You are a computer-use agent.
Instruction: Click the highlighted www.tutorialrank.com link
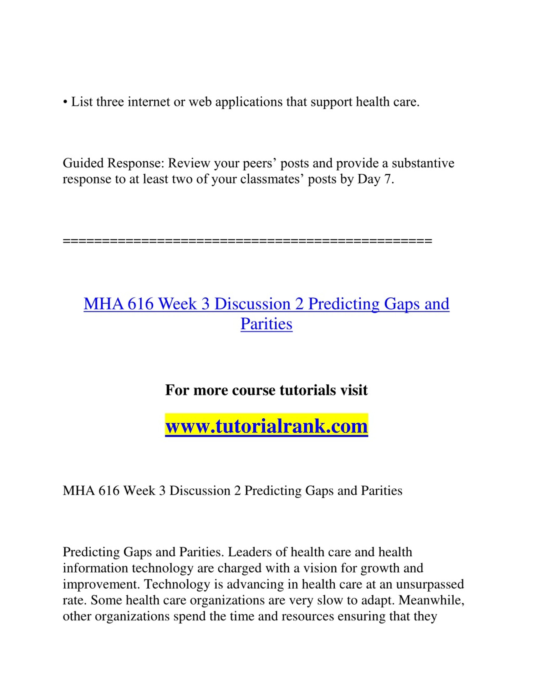tap(266, 426)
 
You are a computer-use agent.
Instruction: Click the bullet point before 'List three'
tap(65, 102)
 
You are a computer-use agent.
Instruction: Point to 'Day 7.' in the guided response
tap(376, 179)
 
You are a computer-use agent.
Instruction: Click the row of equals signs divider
tap(247, 241)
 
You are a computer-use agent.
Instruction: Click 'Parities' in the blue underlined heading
tap(266, 323)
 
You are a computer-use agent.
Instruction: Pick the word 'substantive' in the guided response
tap(423, 163)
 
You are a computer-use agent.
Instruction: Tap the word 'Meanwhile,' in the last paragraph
tap(431, 600)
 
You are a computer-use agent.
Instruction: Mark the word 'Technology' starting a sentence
tap(177, 584)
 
